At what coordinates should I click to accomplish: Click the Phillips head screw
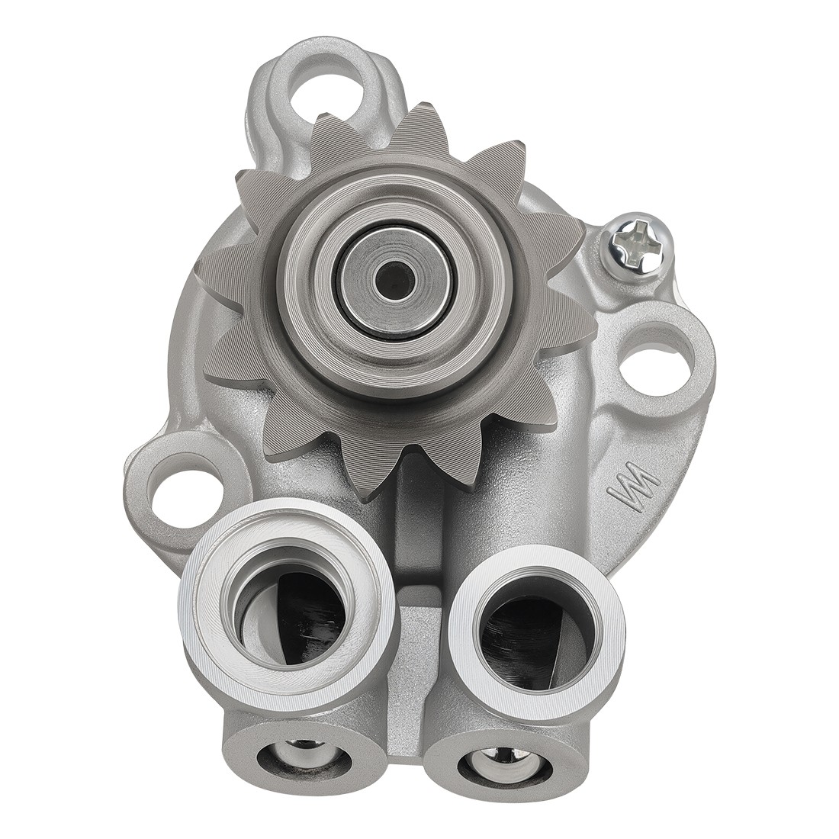[638, 242]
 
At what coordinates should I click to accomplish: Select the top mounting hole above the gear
[326, 85]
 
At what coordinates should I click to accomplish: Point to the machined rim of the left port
[206, 610]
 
